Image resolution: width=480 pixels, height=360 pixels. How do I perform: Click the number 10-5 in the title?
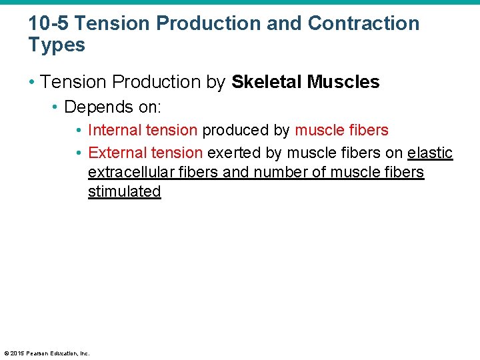click(x=48, y=23)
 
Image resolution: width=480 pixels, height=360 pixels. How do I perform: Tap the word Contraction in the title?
click(x=363, y=23)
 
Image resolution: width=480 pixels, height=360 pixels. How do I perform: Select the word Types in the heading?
click(x=57, y=45)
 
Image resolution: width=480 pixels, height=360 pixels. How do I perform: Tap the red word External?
click(x=117, y=153)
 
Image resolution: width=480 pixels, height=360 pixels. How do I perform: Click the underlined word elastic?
click(x=430, y=153)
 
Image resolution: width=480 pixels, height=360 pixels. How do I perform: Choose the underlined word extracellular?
click(x=129, y=172)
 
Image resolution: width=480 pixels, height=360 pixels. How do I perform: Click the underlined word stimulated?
click(x=125, y=191)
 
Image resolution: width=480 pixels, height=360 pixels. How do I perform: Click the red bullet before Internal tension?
click(x=79, y=130)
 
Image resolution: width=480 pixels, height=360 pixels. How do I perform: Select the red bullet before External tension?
click(x=79, y=153)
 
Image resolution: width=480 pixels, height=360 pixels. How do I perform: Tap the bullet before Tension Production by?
click(x=31, y=82)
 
